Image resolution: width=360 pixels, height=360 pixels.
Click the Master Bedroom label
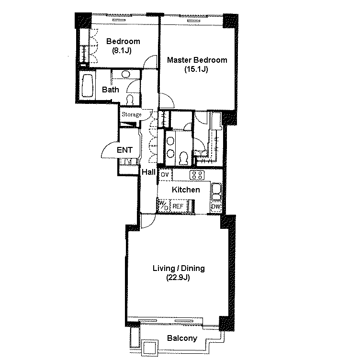(197, 60)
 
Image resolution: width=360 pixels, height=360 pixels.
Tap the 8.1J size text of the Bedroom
(122, 50)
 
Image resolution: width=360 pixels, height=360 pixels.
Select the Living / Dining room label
(179, 268)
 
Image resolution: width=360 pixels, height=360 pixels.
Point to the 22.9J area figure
(178, 277)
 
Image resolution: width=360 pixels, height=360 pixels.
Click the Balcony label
(182, 338)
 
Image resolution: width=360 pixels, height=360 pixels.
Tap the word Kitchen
(186, 190)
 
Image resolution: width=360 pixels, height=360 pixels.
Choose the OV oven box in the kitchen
(165, 175)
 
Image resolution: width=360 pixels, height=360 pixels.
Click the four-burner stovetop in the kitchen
(197, 175)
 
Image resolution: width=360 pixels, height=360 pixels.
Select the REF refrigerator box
(178, 206)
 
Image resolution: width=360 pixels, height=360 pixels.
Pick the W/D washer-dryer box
(164, 205)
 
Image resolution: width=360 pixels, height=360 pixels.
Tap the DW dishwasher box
(216, 207)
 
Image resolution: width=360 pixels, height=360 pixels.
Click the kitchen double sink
(216, 191)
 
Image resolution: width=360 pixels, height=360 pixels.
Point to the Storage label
(131, 114)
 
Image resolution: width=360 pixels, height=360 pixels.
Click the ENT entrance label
(124, 150)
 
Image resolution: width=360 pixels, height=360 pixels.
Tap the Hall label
(148, 172)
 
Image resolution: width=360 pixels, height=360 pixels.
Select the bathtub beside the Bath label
(88, 86)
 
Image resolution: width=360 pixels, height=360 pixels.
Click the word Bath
(111, 90)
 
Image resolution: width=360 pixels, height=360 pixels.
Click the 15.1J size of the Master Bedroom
(196, 69)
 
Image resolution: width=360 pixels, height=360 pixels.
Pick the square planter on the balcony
(150, 348)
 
